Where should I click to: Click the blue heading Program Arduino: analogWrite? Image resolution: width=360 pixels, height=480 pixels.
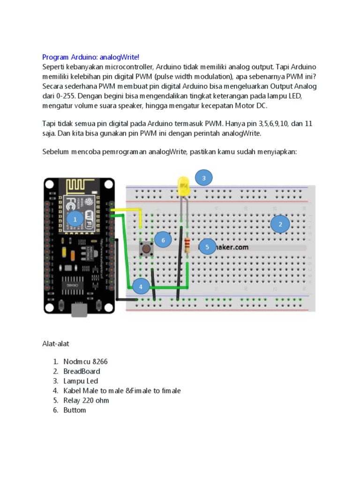point(90,57)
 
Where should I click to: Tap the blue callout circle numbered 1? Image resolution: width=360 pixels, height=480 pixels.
point(75,219)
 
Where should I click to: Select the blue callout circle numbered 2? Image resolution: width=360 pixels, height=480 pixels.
point(280,225)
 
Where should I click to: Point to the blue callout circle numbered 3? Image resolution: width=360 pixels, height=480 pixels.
point(204,178)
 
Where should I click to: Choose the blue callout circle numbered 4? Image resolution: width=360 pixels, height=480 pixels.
point(141,286)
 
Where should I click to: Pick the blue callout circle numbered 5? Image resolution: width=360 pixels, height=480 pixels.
point(207,247)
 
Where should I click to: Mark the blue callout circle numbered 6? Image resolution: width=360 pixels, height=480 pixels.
point(163,240)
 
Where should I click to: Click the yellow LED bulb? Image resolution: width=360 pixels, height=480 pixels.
point(183,185)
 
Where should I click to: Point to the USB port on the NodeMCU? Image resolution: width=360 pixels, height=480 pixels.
point(81,310)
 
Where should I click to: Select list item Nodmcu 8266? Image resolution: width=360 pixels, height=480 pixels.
point(88,361)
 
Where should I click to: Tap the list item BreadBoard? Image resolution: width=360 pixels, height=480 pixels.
point(82,371)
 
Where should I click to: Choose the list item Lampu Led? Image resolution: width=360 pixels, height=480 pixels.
point(81,381)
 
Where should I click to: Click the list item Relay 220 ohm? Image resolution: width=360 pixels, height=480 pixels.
point(86,400)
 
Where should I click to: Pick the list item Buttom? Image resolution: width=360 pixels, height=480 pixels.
point(75,410)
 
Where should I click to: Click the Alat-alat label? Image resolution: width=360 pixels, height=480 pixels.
point(56,344)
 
